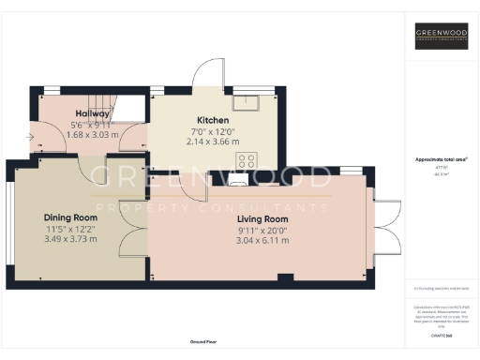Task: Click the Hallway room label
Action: [x=93, y=113]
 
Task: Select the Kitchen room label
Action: [x=213, y=120]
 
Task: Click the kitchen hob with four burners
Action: [x=247, y=159]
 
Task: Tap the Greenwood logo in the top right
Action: [x=442, y=37]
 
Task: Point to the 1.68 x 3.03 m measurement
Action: [x=93, y=135]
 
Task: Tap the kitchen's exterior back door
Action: [x=207, y=72]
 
